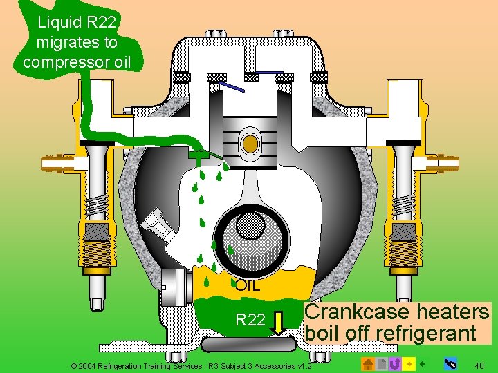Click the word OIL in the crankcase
[248, 285]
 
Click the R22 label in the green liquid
[250, 320]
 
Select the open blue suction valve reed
[233, 87]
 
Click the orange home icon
[368, 363]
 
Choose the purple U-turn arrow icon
[395, 363]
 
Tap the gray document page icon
[382, 363]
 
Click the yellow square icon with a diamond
[409, 363]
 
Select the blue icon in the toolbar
[450, 363]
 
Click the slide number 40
[479, 363]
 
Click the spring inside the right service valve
[402, 206]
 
